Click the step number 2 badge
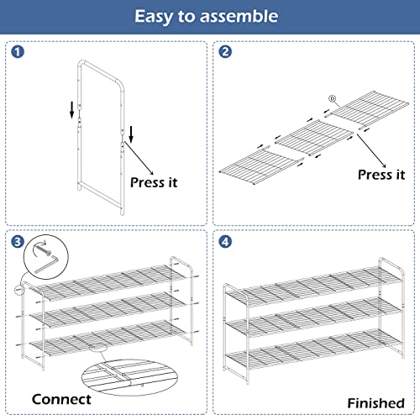tap(224, 52)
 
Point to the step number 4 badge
tap(224, 241)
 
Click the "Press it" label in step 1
tap(154, 181)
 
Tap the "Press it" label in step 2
tap(381, 175)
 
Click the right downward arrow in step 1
tap(131, 133)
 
